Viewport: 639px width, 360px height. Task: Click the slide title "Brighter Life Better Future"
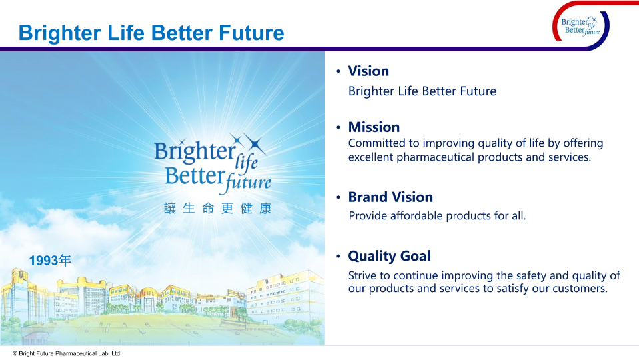pyautogui.click(x=151, y=33)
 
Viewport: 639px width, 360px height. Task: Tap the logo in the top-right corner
pyautogui.click(x=581, y=26)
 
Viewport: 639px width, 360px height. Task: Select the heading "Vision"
pyautogui.click(x=368, y=71)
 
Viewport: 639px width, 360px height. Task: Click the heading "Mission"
pyautogui.click(x=374, y=127)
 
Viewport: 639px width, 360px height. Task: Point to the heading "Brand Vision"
pyautogui.click(x=390, y=197)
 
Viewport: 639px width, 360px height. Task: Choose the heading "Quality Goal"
pyautogui.click(x=389, y=256)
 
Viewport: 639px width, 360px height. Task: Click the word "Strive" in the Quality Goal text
pyautogui.click(x=363, y=275)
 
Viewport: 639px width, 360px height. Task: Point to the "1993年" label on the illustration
pyautogui.click(x=50, y=261)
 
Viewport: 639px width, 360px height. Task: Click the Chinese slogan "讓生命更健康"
pyautogui.click(x=218, y=209)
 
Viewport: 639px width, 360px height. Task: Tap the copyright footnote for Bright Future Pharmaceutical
pyautogui.click(x=67, y=353)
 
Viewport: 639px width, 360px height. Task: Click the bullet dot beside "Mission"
pyautogui.click(x=338, y=127)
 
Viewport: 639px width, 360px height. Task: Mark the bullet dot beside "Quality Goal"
pyautogui.click(x=338, y=256)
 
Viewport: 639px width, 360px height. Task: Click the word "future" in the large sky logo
pyautogui.click(x=248, y=182)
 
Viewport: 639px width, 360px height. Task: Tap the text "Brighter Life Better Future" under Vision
pyautogui.click(x=422, y=91)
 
